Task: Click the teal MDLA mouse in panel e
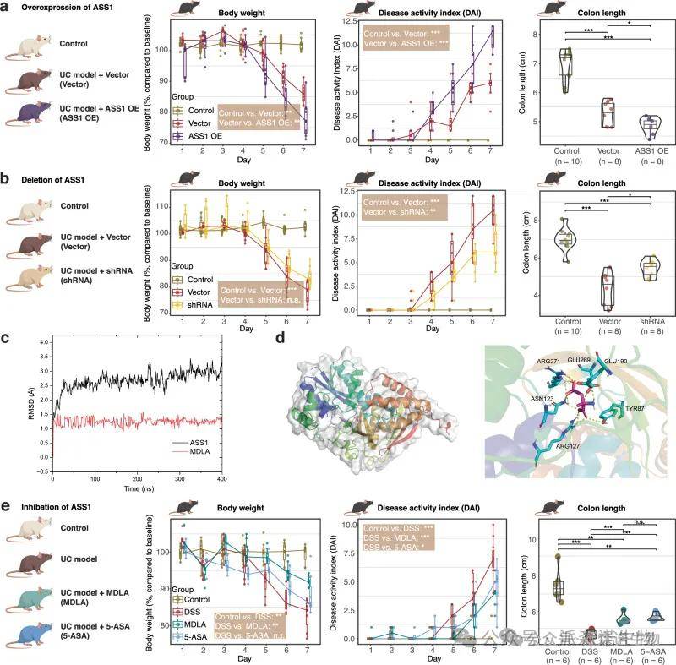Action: point(31,588)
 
